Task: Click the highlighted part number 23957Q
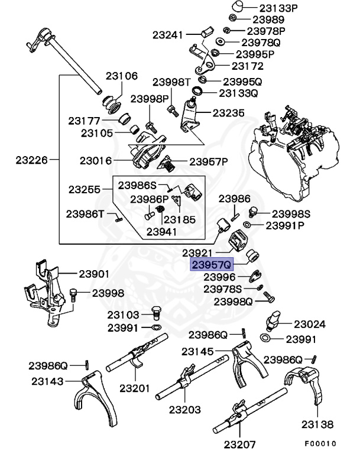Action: pos(211,264)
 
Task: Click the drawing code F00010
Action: pos(320,443)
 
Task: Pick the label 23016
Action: pos(96,160)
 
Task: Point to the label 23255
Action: pos(85,190)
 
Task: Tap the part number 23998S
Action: pos(290,213)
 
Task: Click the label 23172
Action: pos(247,67)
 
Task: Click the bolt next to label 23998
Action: pos(73,294)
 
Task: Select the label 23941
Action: pos(161,231)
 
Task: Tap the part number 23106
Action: pos(122,76)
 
